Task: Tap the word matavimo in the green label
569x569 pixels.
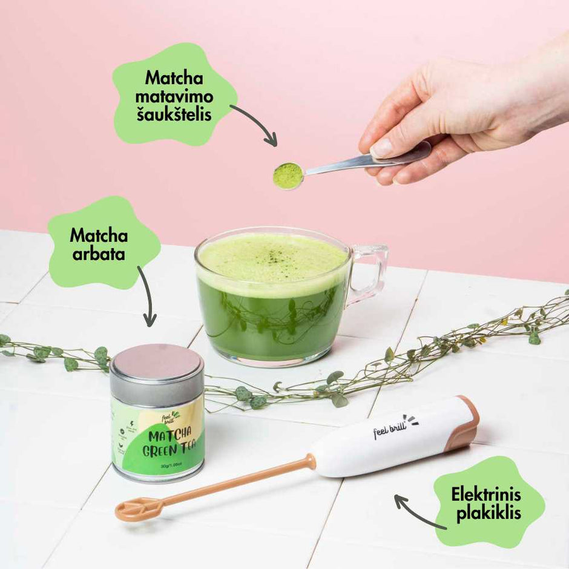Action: [x=174, y=96]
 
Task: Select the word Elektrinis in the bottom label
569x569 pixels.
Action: [x=485, y=496]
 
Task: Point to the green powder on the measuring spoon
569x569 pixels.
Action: [x=288, y=175]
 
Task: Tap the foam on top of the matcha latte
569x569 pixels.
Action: [x=272, y=257]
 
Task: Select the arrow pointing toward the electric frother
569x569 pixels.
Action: [x=418, y=511]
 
